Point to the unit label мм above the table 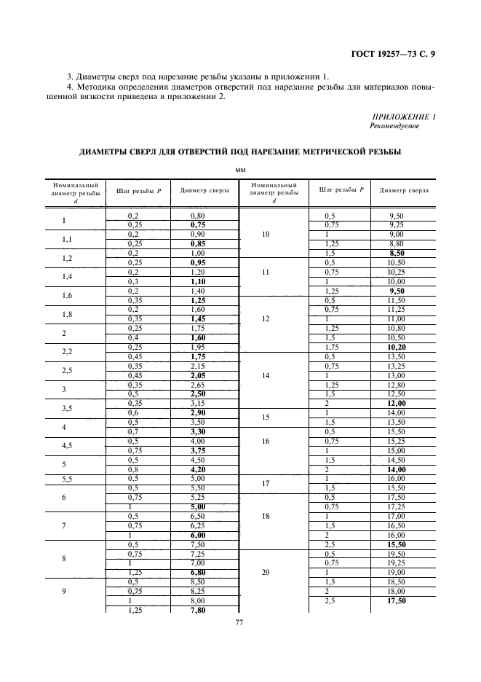pos(240,170)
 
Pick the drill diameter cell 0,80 pos(196,216)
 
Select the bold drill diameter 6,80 pos(196,572)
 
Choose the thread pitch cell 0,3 pos(133,281)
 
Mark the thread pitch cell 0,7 pos(133,431)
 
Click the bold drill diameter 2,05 pos(196,375)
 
